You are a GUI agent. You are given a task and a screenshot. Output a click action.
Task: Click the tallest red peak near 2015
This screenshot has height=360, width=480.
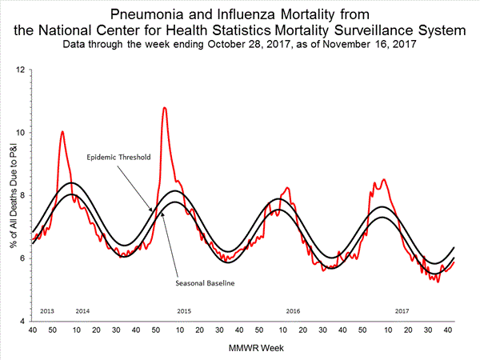tap(165, 107)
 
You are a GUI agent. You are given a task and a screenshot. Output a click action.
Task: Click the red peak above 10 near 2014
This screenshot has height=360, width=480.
tap(62, 131)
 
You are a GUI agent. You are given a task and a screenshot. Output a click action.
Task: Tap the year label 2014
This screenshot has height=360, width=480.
tap(83, 310)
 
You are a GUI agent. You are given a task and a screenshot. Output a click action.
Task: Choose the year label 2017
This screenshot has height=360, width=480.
tap(402, 310)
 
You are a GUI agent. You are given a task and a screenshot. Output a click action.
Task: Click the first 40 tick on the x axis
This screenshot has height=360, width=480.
tap(33, 330)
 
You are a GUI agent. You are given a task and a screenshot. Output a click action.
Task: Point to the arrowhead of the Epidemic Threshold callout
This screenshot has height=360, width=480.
tap(151, 210)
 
